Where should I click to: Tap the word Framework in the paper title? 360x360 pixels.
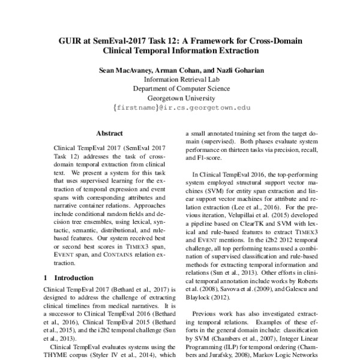(x=212, y=41)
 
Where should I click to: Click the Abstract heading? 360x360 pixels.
(x=110, y=133)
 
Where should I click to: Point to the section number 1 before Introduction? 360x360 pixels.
(x=47, y=278)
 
